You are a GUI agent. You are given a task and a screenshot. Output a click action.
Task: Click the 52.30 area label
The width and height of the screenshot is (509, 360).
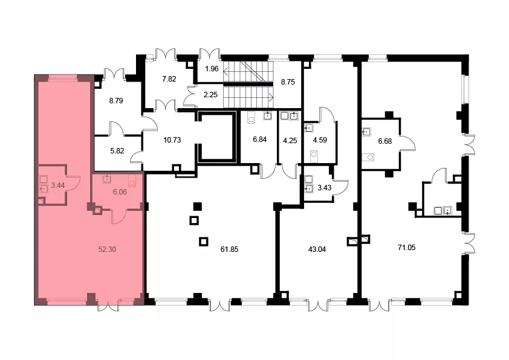(x=107, y=249)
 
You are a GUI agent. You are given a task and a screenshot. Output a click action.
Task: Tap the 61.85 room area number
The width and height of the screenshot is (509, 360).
(x=230, y=249)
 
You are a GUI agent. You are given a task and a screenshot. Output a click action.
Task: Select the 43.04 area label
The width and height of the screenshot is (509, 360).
(x=317, y=249)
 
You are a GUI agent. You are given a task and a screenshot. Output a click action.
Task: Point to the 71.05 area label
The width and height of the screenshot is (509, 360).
(x=406, y=248)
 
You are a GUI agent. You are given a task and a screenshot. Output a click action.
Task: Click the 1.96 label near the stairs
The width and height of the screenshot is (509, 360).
(x=212, y=69)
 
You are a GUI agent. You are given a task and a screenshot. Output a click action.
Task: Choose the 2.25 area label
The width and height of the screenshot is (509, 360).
(x=210, y=95)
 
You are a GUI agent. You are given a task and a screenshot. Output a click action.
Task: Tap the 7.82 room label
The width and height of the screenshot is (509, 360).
(x=169, y=79)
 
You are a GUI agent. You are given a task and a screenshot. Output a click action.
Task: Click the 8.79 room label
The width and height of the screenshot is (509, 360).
(x=116, y=101)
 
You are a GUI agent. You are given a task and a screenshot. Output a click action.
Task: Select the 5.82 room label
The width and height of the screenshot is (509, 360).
(x=117, y=151)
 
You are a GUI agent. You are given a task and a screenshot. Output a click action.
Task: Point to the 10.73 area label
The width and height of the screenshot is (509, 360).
(x=172, y=140)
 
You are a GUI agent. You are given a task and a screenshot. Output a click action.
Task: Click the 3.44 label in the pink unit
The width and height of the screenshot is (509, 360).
(x=58, y=185)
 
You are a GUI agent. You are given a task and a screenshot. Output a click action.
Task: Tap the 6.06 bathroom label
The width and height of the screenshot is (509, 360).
(x=120, y=192)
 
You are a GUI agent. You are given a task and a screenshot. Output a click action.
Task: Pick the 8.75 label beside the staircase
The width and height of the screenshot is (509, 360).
(x=288, y=82)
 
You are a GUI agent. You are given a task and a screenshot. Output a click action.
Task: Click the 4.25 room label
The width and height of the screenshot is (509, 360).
(x=290, y=141)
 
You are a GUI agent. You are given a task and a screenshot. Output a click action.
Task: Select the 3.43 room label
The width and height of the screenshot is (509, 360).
(x=324, y=187)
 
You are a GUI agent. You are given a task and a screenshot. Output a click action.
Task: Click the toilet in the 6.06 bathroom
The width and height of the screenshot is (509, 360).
(x=132, y=181)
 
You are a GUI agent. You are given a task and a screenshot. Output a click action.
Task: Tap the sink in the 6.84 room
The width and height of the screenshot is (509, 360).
(x=267, y=115)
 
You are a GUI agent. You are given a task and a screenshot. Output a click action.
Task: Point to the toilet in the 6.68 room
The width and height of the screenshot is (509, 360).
(x=369, y=157)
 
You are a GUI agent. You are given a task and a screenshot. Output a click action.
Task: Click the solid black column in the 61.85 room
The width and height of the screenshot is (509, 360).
(x=197, y=206)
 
